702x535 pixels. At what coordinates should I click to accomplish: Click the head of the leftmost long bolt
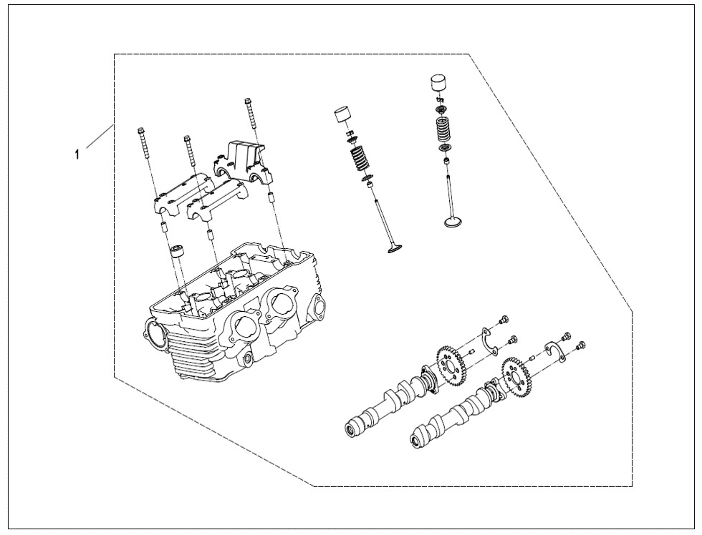141,131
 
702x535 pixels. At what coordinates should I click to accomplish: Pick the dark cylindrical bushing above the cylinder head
177,252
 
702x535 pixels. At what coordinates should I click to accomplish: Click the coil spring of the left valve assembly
358,159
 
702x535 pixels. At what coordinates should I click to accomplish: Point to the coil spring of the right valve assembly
447,129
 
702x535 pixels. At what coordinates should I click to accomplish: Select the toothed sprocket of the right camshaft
517,376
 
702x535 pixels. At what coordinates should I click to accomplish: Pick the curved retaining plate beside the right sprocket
556,350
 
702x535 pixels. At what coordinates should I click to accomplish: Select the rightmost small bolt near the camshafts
581,345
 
